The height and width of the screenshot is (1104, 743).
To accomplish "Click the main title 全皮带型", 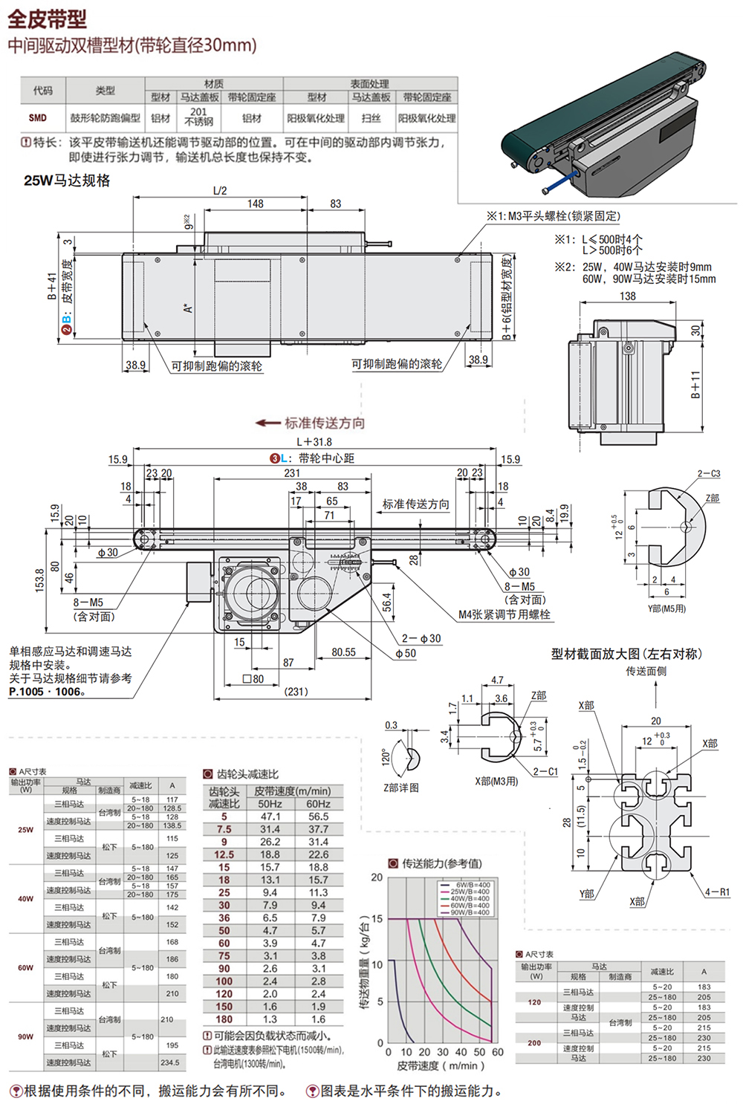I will coord(48,18).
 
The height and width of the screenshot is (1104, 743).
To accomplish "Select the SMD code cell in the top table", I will coord(38,118).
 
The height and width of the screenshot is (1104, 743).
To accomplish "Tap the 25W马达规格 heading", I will coord(67,181).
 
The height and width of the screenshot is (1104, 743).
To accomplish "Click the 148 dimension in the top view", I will coord(255,204).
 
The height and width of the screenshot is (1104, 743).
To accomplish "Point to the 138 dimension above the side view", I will coord(628,296).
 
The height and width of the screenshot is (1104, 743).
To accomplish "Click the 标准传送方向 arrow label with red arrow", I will coord(311,423).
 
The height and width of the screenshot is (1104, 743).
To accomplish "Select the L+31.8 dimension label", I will coord(314,441).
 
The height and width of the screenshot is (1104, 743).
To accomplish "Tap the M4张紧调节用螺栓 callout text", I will coord(504,614).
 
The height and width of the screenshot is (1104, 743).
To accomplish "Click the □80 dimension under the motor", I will coord(253,678).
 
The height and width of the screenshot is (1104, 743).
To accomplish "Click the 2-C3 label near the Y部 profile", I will coord(708,473).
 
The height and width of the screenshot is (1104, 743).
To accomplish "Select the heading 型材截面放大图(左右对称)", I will coord(626,654).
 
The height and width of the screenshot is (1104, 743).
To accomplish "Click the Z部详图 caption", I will coord(400,788).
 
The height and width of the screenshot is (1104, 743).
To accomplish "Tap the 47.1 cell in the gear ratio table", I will coord(270,816).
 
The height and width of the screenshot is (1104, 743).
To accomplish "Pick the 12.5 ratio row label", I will coord(224,854).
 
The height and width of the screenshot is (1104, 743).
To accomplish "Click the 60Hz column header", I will coord(318,804).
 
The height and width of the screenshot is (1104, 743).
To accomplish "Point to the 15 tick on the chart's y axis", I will coord(377,919).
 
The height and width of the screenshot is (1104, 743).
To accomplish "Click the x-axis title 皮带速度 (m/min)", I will coord(441,1066).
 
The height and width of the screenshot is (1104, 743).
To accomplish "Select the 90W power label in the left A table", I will coord(25,1036).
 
